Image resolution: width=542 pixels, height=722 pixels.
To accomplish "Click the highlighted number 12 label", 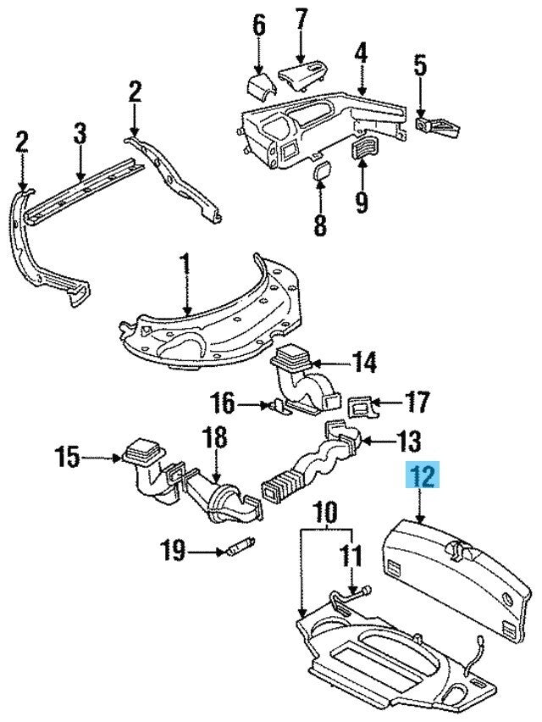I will tap(423, 477).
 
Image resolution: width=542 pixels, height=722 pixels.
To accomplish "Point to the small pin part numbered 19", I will tap(237, 547).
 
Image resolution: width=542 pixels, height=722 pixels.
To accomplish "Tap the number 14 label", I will tap(363, 364).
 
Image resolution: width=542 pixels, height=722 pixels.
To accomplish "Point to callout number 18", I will tap(215, 438).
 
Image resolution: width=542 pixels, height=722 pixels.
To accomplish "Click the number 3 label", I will tap(80, 134).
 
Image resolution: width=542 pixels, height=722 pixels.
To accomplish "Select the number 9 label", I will tap(362, 202).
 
